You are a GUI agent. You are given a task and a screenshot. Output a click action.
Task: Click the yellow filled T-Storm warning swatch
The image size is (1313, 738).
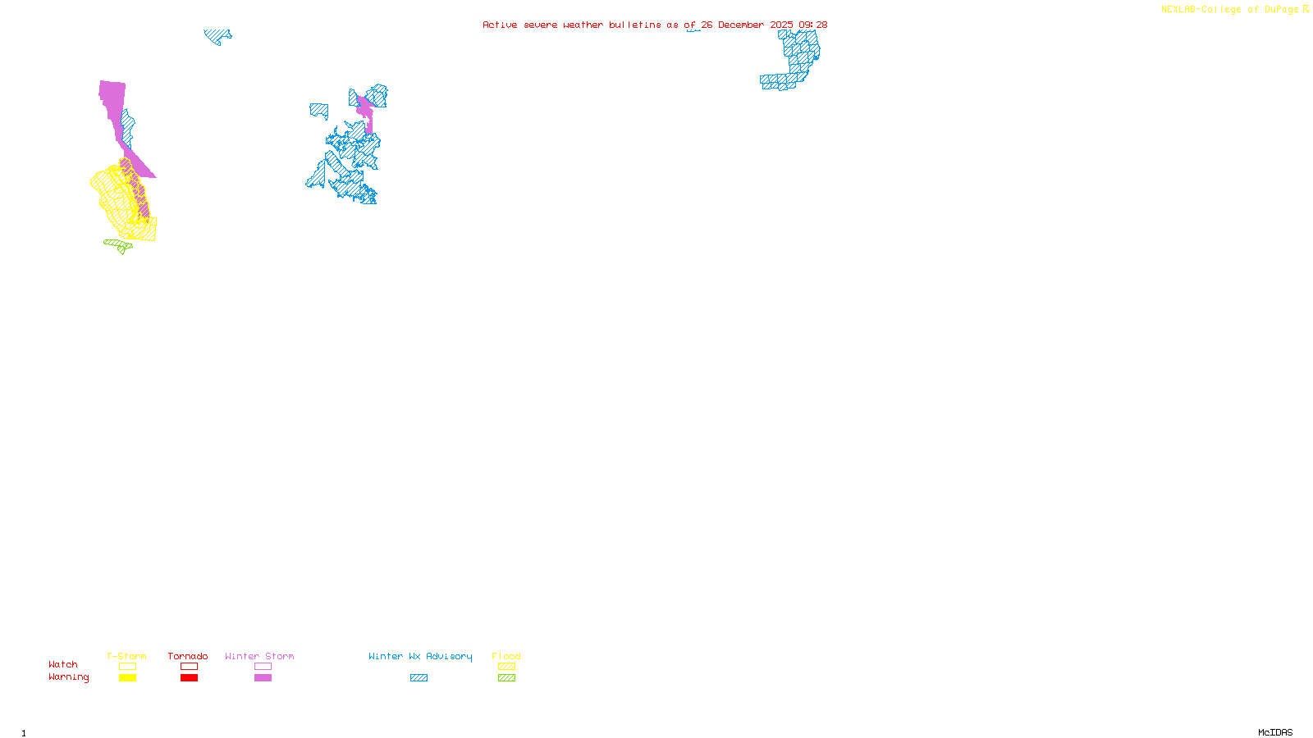127,678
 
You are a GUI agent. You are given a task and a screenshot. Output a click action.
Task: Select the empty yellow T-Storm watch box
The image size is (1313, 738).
127,667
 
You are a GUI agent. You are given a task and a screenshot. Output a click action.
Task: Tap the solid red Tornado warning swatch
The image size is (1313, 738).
189,678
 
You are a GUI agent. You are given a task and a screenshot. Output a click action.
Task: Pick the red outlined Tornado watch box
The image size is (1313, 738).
189,667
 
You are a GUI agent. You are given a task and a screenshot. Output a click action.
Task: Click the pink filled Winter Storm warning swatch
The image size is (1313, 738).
263,678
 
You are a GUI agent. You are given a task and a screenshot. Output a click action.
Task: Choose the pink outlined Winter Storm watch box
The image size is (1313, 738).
263,667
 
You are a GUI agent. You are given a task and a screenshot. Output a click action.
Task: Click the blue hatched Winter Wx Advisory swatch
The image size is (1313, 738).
419,678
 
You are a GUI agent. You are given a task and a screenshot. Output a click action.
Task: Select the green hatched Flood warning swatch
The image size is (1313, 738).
506,678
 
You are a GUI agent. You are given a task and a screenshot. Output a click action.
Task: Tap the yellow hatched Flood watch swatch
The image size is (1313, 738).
506,667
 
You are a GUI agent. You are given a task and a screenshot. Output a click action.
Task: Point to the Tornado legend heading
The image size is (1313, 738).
188,656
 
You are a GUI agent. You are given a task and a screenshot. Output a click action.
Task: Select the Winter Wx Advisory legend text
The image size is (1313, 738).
420,656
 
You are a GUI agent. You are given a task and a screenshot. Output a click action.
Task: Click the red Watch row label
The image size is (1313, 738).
63,664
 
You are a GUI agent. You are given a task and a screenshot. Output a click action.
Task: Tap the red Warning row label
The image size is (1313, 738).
68,677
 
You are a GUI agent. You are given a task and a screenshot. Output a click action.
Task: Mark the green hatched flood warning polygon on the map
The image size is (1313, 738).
117,244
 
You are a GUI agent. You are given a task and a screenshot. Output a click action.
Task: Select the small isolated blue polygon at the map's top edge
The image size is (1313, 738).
217,35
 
